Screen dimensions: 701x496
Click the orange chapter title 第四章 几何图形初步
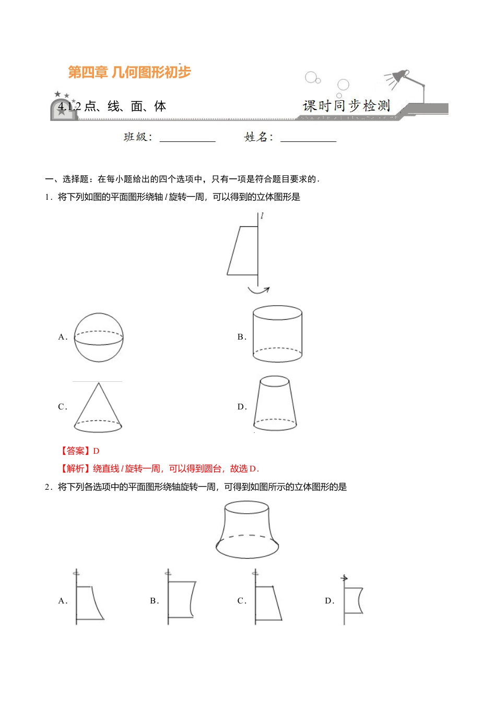coord(129,72)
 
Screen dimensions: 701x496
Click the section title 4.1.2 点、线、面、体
coord(112,106)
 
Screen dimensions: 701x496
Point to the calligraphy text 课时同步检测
coord(346,106)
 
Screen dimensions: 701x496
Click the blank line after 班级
coord(187,139)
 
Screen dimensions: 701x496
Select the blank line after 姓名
coord(308,139)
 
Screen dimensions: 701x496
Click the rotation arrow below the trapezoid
coord(258,290)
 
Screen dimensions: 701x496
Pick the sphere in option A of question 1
coord(99,337)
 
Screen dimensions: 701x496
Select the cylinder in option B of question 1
coord(277,334)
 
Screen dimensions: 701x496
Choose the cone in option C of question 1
coord(98,407)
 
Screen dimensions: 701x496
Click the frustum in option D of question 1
coord(275,404)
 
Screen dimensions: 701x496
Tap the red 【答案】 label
coord(75,451)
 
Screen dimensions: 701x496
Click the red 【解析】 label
coord(75,468)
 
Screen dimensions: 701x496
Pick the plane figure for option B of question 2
coord(181,600)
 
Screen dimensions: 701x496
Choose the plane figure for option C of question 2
coord(267,602)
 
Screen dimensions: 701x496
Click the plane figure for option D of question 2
coord(353,600)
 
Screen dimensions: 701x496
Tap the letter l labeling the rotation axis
coord(262,215)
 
